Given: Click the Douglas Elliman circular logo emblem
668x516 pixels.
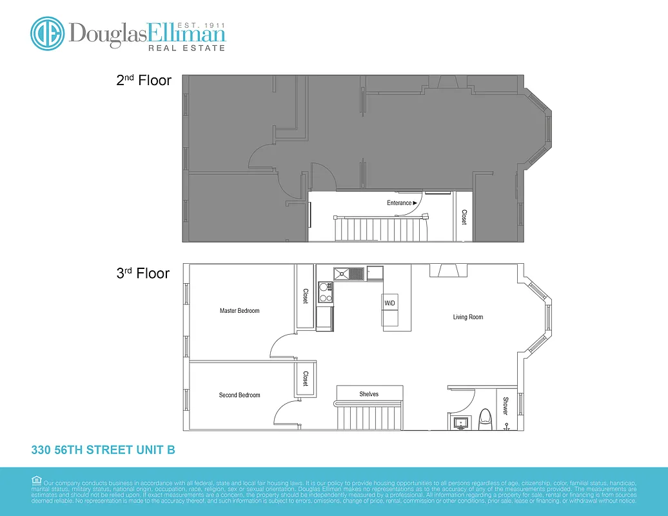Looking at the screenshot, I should click(x=47, y=33).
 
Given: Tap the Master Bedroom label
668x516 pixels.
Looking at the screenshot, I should click(x=239, y=311).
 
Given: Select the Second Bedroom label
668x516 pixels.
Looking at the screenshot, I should click(x=239, y=395).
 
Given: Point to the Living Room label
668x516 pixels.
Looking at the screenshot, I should click(x=467, y=317).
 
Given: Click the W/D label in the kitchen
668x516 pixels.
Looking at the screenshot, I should click(x=389, y=303).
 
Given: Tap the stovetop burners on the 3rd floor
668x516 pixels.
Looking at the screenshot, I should click(x=326, y=293).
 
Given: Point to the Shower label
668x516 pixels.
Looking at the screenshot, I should click(x=506, y=405).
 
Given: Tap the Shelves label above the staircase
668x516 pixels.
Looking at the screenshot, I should click(x=369, y=394).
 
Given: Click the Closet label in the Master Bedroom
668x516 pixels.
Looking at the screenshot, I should click(x=306, y=295).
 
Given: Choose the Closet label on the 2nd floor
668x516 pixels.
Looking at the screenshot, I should click(x=464, y=217).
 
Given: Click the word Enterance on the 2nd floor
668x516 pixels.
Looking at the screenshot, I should click(x=399, y=203).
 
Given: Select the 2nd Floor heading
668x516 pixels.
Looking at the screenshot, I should click(x=143, y=81).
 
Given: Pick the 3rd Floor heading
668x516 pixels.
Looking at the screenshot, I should click(x=143, y=273).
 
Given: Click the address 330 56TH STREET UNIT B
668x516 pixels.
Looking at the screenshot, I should click(x=103, y=450).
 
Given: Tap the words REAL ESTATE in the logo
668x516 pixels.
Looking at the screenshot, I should click(x=187, y=48).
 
